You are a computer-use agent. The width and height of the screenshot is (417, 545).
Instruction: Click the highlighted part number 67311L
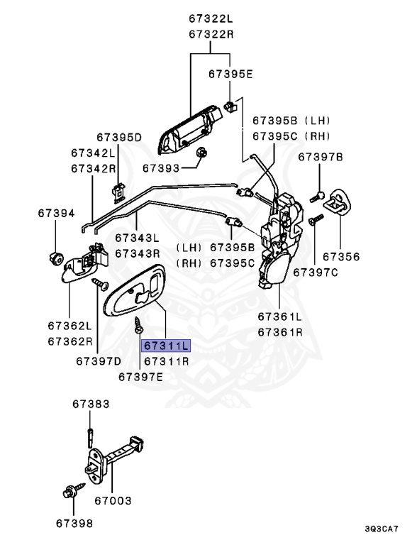166,346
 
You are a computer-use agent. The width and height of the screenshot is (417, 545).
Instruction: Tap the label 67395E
230,73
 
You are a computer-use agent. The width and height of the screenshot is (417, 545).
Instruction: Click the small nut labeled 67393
201,153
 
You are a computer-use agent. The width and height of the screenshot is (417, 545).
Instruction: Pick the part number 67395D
119,137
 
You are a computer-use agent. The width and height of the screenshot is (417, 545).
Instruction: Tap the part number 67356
341,256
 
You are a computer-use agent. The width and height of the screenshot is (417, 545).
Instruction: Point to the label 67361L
279,316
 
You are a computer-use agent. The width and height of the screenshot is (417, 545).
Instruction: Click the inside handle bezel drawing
135,291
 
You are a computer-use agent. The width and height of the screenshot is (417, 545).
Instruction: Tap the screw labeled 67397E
140,327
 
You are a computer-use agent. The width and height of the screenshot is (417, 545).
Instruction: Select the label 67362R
69,341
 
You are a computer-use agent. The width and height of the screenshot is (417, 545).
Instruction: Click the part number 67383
91,404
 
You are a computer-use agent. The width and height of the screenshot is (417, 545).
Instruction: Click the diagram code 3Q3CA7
382,529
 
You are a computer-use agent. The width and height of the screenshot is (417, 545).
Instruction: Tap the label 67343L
138,238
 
